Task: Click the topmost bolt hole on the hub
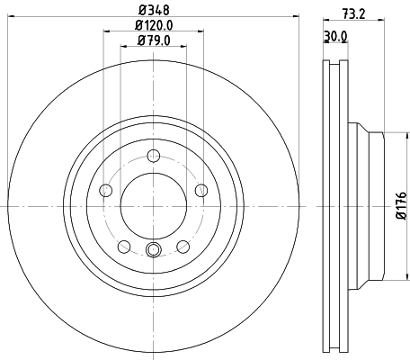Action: coord(153,155)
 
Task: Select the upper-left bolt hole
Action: coord(105,190)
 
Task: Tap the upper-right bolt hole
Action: coord(201,189)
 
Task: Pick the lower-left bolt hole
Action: coord(124,247)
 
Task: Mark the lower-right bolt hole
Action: coord(183,246)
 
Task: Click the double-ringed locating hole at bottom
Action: coord(153,250)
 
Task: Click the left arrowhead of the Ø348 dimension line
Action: coord(11,19)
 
